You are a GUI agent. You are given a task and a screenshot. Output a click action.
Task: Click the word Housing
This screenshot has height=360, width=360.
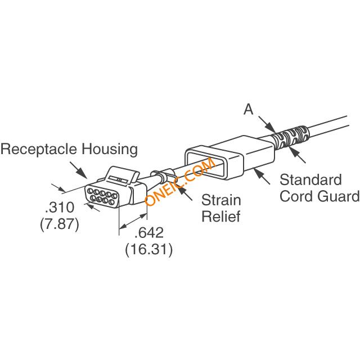[x=110, y=149]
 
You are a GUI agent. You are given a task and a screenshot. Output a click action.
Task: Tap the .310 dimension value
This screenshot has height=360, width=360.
[x=60, y=208]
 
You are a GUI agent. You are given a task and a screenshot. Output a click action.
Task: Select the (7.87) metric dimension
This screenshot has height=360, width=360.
[x=60, y=224]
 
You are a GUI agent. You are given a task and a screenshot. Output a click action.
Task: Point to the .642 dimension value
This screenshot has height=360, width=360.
[x=148, y=232]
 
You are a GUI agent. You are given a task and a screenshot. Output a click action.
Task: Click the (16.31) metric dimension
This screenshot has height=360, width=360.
[x=148, y=249]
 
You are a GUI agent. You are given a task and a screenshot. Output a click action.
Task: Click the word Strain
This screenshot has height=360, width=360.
[x=221, y=200]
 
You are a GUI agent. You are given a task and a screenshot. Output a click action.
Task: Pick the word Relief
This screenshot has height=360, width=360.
[x=221, y=216]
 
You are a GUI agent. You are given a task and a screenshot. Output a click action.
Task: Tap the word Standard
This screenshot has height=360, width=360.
[x=310, y=179]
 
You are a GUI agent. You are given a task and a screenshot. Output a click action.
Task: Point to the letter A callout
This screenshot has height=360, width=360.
[x=249, y=109]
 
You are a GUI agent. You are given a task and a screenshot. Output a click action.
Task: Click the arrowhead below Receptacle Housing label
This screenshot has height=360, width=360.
[x=82, y=173]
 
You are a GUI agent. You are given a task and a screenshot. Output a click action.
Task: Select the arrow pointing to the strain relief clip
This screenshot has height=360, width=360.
[x=185, y=193]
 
